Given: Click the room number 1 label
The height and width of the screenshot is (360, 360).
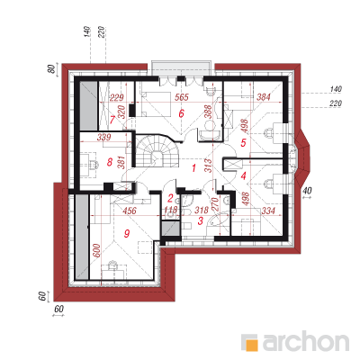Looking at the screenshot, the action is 193,168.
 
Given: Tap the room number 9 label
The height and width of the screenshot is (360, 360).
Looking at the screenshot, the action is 127,233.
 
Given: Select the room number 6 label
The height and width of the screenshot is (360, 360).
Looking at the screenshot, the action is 181,114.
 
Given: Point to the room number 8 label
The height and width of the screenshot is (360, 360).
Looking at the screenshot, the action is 110,163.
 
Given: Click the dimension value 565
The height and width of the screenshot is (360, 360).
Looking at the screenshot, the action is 182,97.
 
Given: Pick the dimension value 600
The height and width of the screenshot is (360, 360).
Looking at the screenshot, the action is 96,249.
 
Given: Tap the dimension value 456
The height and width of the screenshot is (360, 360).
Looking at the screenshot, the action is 130,211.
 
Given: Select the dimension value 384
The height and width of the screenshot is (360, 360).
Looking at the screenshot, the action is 264,97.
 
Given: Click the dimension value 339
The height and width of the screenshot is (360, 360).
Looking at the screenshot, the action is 104,138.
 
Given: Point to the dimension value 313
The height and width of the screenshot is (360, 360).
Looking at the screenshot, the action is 209,166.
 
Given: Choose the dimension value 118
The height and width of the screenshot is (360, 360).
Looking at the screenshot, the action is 170,211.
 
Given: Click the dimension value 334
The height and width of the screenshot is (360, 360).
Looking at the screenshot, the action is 268,211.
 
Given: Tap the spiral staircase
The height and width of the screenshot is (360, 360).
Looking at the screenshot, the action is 157,150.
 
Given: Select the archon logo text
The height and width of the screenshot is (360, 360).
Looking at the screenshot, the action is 306,341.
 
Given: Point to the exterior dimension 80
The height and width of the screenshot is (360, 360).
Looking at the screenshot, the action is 52,68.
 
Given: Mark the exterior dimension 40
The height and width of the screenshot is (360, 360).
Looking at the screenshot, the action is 308,191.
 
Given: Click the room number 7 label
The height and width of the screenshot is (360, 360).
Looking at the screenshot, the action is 112,120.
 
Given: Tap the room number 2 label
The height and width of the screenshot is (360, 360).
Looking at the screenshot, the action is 170,198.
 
